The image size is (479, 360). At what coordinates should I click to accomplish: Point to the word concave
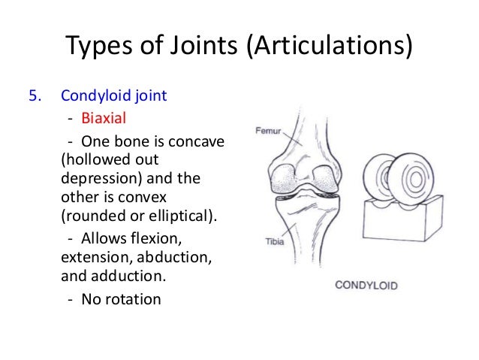tap(200, 141)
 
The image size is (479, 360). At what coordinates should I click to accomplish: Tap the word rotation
tap(132, 299)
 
